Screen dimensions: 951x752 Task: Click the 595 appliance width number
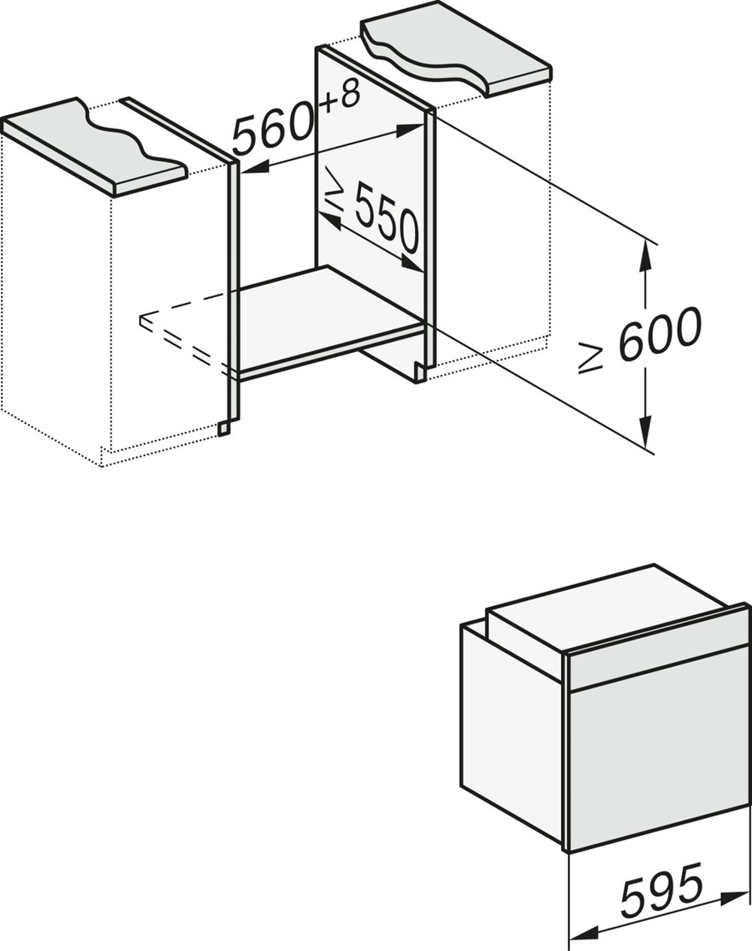(x=662, y=892)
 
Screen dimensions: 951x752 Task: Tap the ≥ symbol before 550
(x=333, y=193)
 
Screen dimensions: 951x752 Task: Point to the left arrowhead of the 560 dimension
(x=250, y=168)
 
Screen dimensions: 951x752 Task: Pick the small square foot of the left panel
(x=223, y=428)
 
